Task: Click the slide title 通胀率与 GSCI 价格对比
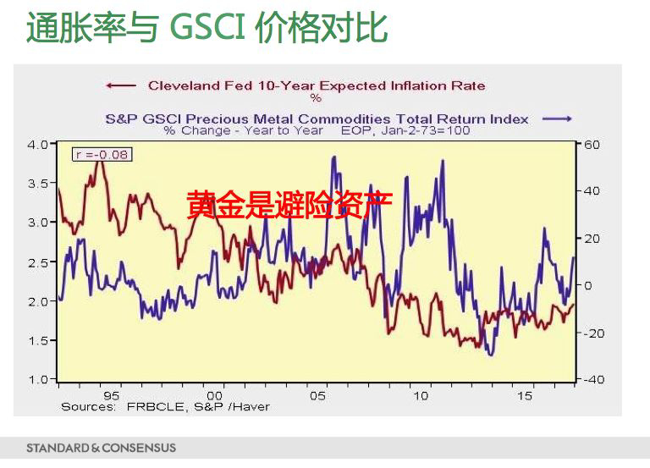207,27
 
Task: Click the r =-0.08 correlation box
102,154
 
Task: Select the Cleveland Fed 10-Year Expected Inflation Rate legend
317,85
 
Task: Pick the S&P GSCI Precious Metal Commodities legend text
317,119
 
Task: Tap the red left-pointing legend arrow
119,85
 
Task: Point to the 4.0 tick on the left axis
37,145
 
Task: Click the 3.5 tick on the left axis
37,184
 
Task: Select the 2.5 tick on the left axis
37,262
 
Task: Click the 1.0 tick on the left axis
37,380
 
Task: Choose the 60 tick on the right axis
592,145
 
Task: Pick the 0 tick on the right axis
588,286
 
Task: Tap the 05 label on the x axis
317,395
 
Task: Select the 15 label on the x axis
525,395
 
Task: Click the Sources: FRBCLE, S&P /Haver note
165,407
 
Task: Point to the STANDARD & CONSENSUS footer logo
101,448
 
